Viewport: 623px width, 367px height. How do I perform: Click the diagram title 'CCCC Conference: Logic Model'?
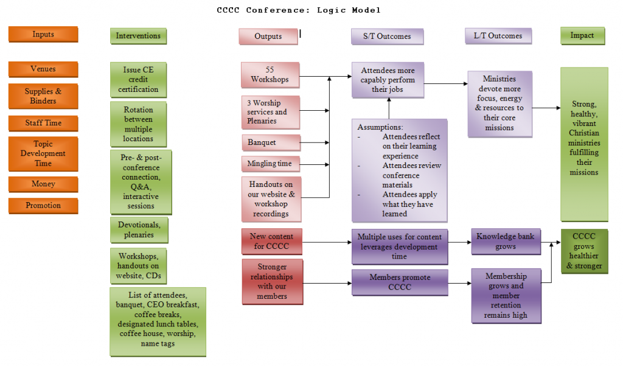(x=299, y=10)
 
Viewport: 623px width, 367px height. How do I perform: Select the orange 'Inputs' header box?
(x=43, y=35)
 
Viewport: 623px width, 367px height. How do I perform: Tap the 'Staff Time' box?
(x=43, y=123)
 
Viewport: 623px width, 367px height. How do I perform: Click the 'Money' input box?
(x=43, y=184)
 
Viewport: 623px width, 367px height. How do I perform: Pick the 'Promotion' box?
(x=43, y=206)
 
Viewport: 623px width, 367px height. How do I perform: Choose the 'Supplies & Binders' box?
(x=43, y=96)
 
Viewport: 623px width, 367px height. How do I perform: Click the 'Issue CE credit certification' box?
(x=138, y=80)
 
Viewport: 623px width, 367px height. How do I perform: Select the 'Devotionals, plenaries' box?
(x=139, y=230)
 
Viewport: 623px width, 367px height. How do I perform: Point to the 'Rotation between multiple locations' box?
(x=138, y=125)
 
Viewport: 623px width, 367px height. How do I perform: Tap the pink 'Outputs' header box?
(x=268, y=37)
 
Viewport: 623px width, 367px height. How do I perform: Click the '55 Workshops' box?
(x=270, y=75)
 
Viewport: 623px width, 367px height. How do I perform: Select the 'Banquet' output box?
(x=270, y=142)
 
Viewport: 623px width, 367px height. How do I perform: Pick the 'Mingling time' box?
(x=270, y=164)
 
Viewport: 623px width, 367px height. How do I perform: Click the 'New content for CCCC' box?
(x=271, y=241)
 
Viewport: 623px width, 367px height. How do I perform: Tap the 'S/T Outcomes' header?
(x=387, y=37)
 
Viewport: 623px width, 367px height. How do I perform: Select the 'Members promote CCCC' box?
(x=400, y=282)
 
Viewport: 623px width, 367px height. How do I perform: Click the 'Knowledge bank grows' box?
(x=505, y=242)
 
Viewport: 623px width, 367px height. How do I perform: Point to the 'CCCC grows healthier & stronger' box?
(x=584, y=251)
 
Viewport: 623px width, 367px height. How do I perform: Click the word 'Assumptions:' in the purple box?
(x=380, y=127)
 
